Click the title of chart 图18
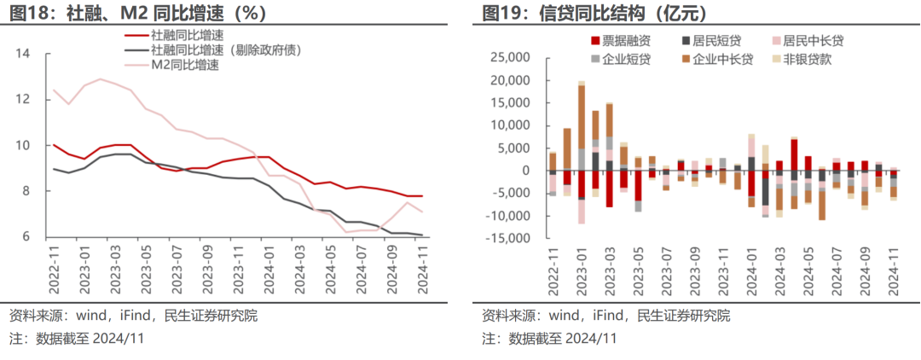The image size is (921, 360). (x=137, y=14)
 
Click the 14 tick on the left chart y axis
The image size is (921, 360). (x=23, y=54)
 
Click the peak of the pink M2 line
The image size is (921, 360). (x=101, y=79)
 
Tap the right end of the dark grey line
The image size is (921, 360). (x=422, y=235)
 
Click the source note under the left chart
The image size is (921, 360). (x=132, y=316)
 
